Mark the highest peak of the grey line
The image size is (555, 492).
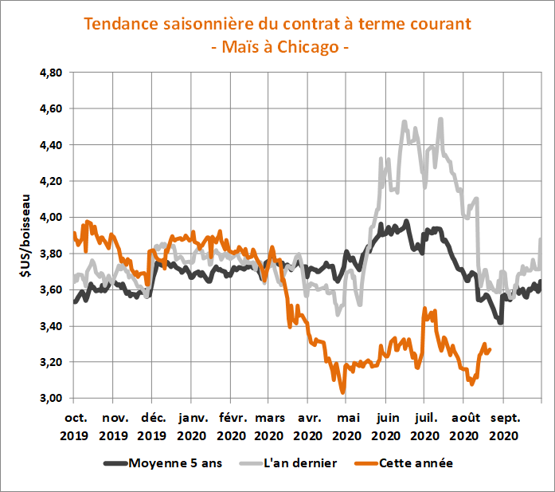(x=440, y=120)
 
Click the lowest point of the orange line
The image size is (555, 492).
(x=342, y=392)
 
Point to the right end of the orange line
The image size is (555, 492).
(x=489, y=348)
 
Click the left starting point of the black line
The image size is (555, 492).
(x=74, y=301)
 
